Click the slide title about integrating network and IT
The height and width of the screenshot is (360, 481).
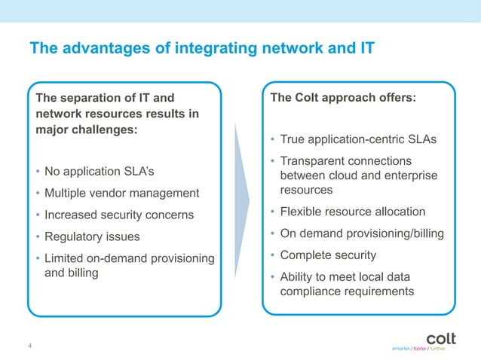click(x=202, y=49)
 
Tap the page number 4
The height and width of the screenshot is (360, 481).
click(x=29, y=346)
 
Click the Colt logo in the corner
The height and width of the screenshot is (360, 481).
click(x=441, y=337)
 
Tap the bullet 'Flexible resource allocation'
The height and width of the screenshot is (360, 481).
click(x=352, y=212)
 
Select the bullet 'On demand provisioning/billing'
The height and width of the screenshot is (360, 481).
click(x=361, y=233)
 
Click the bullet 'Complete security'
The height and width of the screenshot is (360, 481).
click(x=328, y=255)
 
